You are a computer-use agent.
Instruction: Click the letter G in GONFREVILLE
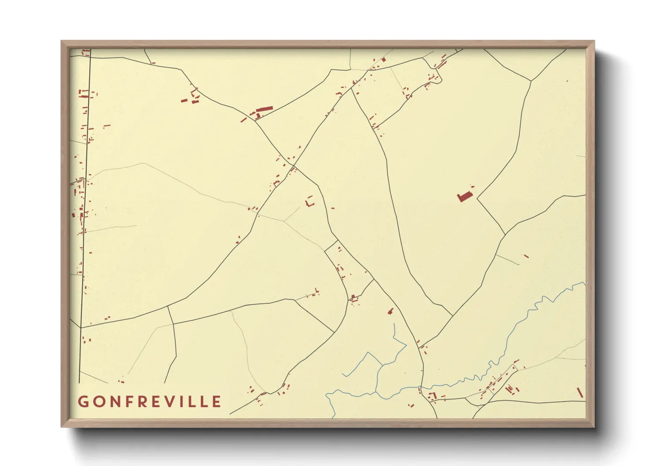[x=82, y=402]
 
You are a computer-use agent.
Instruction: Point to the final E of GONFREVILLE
[x=216, y=402]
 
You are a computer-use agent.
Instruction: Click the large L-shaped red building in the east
[x=464, y=196]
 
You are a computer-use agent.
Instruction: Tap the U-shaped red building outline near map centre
[x=310, y=202]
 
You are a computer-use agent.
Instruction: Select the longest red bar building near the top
[x=265, y=109]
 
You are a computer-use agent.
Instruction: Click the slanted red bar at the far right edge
[x=580, y=392]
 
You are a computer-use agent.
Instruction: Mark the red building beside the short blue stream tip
[x=390, y=311]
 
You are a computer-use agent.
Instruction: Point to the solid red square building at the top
[x=383, y=59]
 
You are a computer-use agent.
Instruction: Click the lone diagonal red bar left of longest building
[x=244, y=119]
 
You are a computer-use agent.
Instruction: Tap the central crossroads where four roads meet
[x=293, y=166]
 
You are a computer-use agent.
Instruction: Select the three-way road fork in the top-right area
[x=531, y=81]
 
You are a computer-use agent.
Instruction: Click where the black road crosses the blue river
[x=420, y=388]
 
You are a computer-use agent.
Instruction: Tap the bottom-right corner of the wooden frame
[x=593, y=426]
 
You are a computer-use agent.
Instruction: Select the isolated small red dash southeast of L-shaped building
[x=526, y=256]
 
